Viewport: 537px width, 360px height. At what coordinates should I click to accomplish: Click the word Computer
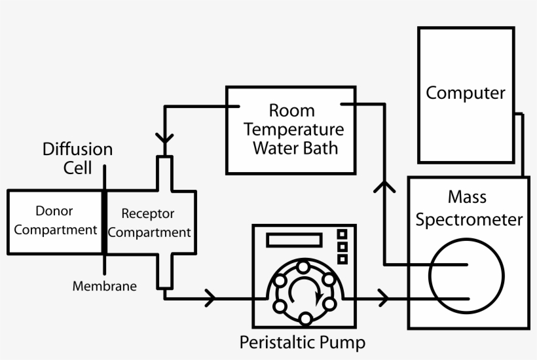tap(466, 93)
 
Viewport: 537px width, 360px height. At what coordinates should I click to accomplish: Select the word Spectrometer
tap(470, 219)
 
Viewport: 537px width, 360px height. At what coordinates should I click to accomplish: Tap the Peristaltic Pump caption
tap(302, 342)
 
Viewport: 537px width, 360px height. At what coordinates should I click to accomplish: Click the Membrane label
tap(105, 286)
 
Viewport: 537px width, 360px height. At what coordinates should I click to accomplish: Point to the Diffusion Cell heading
tap(78, 158)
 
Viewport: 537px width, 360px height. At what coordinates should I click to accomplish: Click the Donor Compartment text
tap(56, 221)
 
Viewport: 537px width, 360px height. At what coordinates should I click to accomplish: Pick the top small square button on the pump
tap(342, 234)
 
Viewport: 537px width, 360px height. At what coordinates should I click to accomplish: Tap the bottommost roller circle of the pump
tap(305, 319)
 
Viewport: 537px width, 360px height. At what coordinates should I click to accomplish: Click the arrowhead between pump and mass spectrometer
tap(383, 298)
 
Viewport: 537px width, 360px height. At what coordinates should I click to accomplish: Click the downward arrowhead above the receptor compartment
tap(165, 140)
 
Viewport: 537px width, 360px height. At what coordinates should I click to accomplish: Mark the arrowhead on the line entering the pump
tap(210, 298)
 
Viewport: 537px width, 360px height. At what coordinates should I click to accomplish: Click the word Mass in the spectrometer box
tap(467, 196)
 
